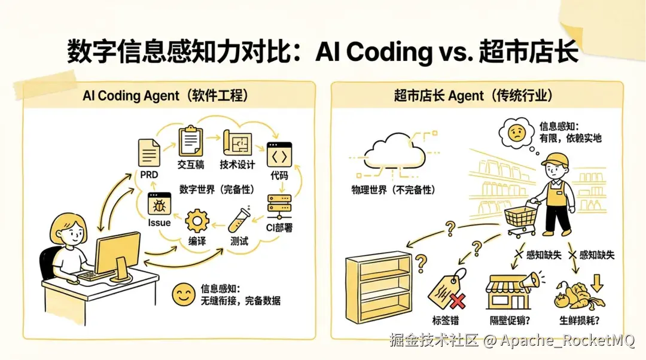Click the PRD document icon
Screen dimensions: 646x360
pyautogui.click(x=149, y=152)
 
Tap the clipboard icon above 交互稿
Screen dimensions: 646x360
pyautogui.click(x=191, y=141)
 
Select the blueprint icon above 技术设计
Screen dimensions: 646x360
pyautogui.click(x=237, y=143)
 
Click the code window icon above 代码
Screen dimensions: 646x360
pyautogui.click(x=279, y=154)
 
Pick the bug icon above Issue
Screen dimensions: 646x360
pyautogui.click(x=160, y=204)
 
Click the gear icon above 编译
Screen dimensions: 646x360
pyautogui.click(x=197, y=221)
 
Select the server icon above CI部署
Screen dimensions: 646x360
pyautogui.click(x=279, y=206)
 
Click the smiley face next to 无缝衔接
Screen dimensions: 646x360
pyautogui.click(x=184, y=294)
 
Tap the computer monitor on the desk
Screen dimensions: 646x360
pyautogui.click(x=117, y=255)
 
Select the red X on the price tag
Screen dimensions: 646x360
pyautogui.click(x=458, y=301)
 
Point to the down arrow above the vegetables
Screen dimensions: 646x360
pyautogui.click(x=597, y=283)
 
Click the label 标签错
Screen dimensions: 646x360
pyautogui.click(x=446, y=320)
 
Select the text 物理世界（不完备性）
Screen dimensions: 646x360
pyautogui.click(x=393, y=190)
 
